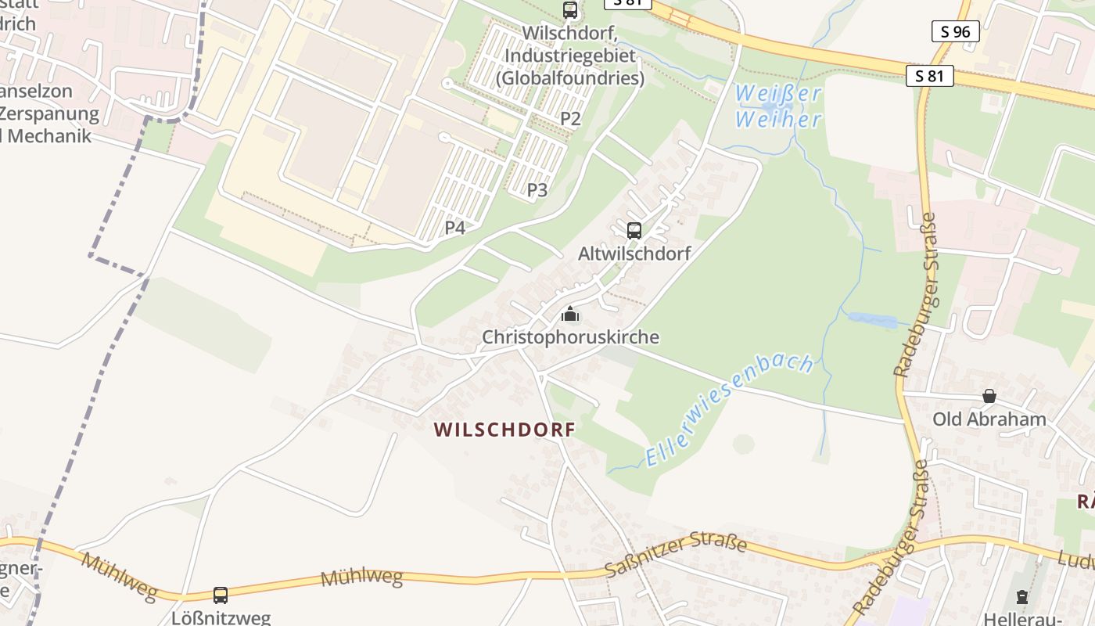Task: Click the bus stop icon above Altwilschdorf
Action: (634, 231)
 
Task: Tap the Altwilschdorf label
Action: (634, 254)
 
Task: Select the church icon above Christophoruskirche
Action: (570, 315)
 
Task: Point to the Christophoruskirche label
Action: (570, 337)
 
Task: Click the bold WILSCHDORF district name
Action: (504, 430)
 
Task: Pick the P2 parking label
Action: (570, 119)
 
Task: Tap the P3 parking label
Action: (537, 189)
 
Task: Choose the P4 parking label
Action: (455, 228)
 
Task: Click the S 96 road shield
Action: (956, 31)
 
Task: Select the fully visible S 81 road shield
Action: (929, 76)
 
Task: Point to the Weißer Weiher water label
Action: (778, 106)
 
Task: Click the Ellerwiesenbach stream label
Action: (730, 410)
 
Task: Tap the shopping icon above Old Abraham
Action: (989, 396)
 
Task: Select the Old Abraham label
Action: (989, 419)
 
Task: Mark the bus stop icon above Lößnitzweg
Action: (221, 595)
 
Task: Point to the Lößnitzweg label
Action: (221, 617)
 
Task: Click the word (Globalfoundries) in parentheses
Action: (570, 78)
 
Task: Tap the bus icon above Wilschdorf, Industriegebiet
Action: (570, 10)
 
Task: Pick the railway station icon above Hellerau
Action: (1021, 597)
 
